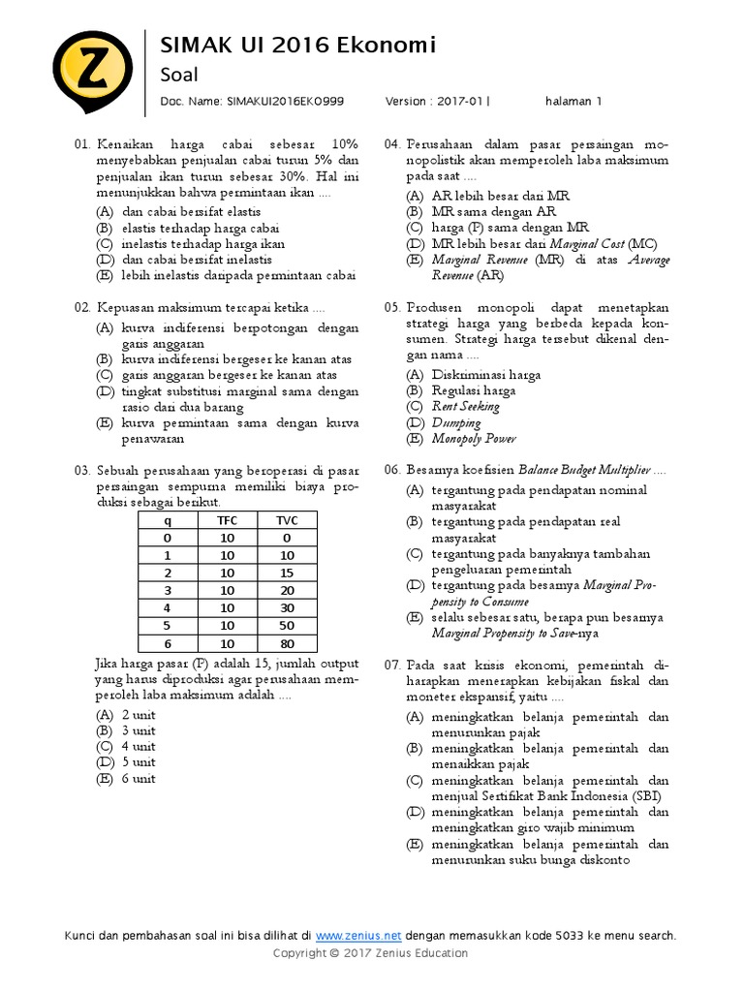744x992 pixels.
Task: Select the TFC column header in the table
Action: (x=227, y=520)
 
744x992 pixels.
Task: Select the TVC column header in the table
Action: (x=287, y=520)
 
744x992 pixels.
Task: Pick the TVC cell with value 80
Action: (x=287, y=643)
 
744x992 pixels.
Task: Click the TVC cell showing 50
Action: (x=287, y=626)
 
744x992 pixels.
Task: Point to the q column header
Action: (x=167, y=520)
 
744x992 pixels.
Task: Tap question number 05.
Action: (x=392, y=307)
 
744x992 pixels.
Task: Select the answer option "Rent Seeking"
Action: (x=466, y=407)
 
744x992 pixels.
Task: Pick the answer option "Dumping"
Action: (x=456, y=422)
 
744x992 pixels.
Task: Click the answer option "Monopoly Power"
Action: (x=474, y=439)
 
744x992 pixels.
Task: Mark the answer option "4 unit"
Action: (x=138, y=747)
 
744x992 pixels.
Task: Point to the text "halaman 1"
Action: (x=573, y=100)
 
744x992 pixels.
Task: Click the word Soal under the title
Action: (x=178, y=75)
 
